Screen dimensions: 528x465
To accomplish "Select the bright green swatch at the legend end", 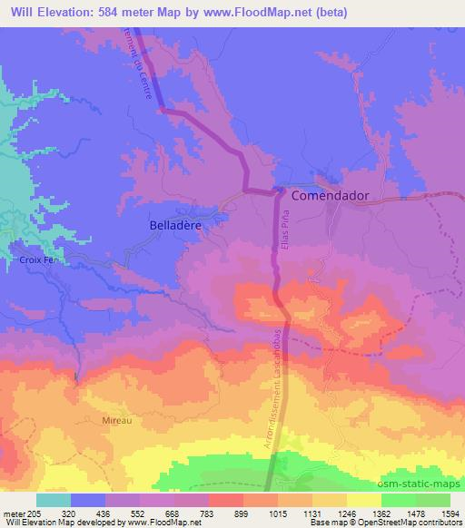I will tap(433, 499).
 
